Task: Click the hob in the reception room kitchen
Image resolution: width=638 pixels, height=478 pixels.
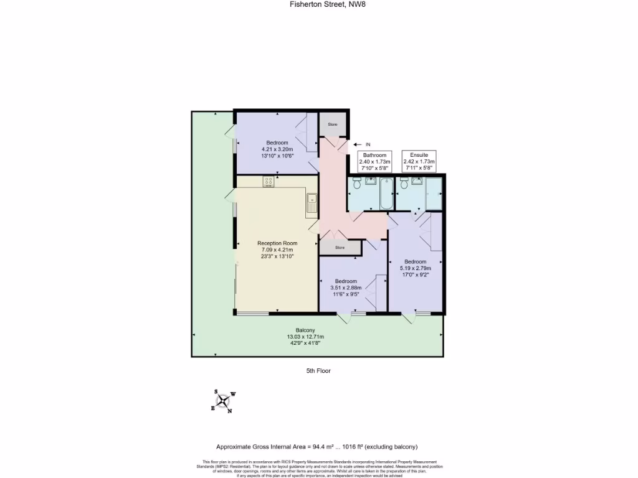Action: click(269, 182)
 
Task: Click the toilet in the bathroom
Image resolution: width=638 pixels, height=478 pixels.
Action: click(357, 184)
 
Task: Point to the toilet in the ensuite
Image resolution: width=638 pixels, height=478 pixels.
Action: click(404, 184)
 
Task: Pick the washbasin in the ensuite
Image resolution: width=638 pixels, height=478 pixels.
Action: click(417, 182)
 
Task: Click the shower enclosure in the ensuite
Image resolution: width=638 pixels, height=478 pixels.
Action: click(433, 194)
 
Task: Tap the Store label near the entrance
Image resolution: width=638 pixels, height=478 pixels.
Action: click(333, 124)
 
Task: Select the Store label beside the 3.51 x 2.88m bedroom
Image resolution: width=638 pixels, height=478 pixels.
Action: click(340, 248)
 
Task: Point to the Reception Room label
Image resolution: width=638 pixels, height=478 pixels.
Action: click(277, 243)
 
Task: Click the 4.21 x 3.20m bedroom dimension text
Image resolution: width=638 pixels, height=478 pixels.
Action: click(277, 149)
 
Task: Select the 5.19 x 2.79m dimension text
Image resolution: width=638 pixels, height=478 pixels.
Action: click(416, 268)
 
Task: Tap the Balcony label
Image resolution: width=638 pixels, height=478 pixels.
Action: click(305, 330)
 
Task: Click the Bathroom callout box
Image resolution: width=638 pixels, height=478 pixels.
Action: click(375, 162)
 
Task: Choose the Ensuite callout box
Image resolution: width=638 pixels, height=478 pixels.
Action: click(419, 162)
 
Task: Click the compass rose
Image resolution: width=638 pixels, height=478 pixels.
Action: click(224, 401)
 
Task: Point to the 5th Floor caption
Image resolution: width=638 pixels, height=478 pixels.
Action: click(318, 371)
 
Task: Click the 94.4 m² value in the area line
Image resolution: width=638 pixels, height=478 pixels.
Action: click(320, 447)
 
